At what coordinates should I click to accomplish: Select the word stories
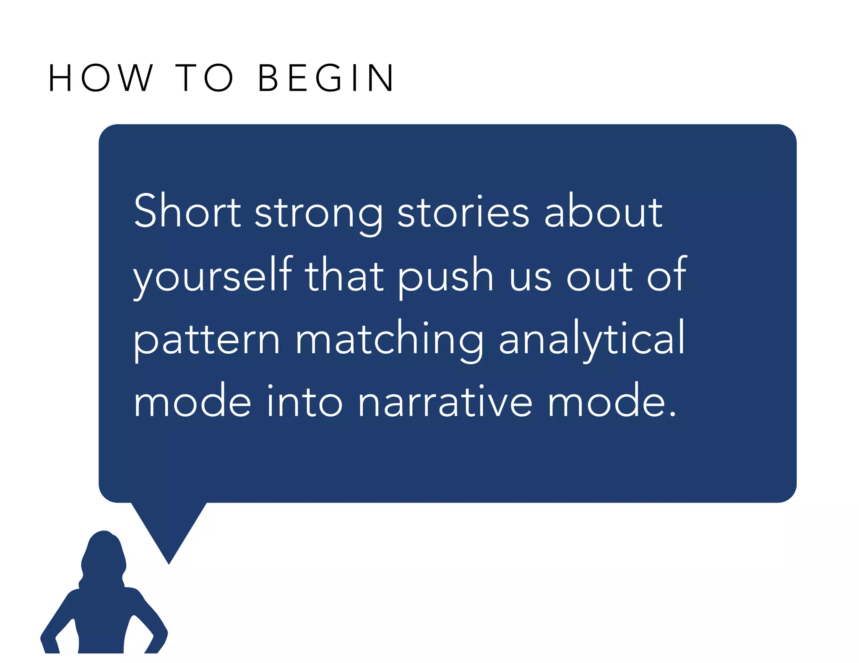[463, 212]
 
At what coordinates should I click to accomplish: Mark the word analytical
[591, 339]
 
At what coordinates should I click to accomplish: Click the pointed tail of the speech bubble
[169, 545]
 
